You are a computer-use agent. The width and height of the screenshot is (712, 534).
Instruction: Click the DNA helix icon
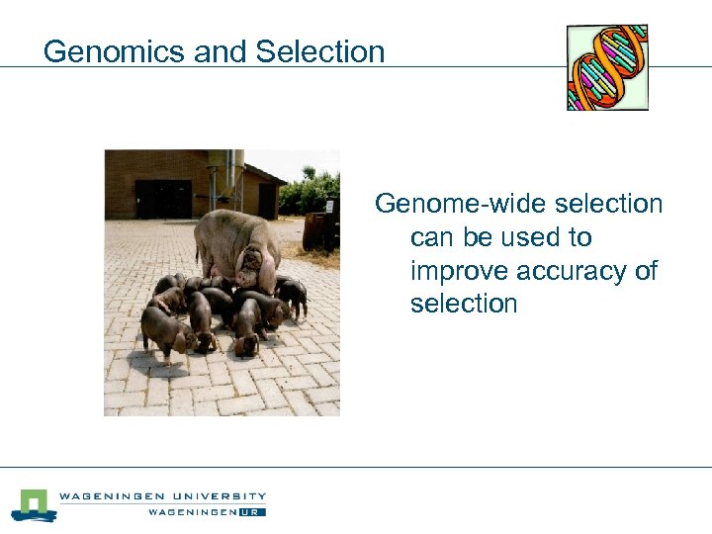pos(607,67)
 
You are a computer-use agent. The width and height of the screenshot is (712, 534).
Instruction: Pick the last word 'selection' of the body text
pos(464,304)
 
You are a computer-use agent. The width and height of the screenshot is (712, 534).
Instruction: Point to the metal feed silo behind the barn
pos(224,176)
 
